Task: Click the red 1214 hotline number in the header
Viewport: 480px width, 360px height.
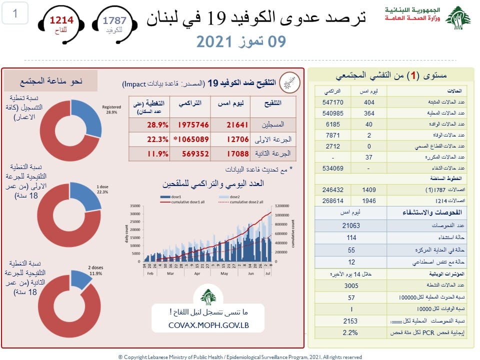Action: tap(61, 20)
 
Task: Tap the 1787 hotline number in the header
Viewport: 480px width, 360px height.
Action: tap(114, 20)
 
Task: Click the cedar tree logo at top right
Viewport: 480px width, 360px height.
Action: tap(457, 18)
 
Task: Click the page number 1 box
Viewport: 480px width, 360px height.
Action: tap(15, 13)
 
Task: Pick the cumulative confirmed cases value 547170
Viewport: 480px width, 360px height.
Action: tap(332, 102)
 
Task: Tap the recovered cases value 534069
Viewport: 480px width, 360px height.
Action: tap(332, 168)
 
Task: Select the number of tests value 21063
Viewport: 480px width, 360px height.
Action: tap(352, 225)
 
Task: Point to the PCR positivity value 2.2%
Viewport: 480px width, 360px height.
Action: tap(352, 332)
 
